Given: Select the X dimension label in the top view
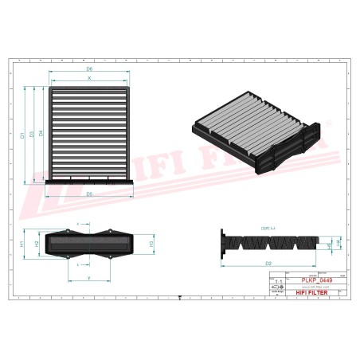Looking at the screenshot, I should pyautogui.click(x=89, y=79).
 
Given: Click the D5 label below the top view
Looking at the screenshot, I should pyautogui.click(x=89, y=194).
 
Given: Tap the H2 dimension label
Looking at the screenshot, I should pyautogui.click(x=36, y=242).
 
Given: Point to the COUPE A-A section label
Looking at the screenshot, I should pyautogui.click(x=268, y=228).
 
